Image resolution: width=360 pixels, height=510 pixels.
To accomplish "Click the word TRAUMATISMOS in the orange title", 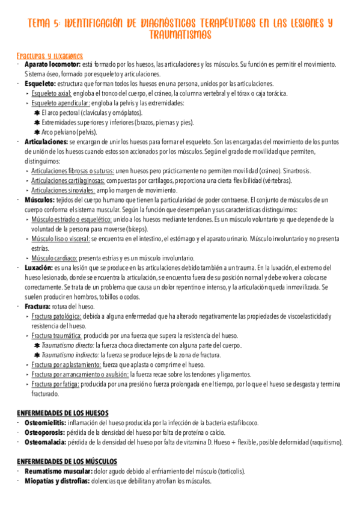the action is point(180,35).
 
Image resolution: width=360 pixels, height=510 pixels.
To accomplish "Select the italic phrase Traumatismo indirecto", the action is point(67,355).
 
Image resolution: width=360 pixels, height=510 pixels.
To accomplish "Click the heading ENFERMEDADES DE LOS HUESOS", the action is point(63,413).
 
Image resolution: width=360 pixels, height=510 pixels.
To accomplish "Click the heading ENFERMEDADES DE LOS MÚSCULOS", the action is point(67,461).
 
